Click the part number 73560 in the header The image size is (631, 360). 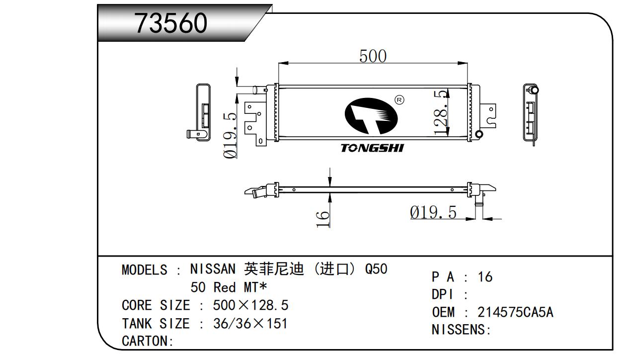click(171, 23)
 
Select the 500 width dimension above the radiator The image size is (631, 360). click(373, 56)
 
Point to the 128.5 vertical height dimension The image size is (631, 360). click(441, 112)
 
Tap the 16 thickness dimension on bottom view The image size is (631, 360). click(323, 218)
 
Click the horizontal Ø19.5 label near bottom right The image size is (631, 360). click(433, 212)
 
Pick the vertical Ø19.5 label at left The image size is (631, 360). click(230, 135)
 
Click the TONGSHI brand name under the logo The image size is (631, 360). click(372, 148)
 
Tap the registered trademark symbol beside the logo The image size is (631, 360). click(399, 100)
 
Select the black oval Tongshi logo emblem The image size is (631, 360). click(371, 116)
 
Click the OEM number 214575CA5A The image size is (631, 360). click(515, 312)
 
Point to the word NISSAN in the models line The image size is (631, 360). click(213, 270)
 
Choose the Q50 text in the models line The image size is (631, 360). click(376, 270)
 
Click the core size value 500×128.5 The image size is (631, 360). click(250, 305)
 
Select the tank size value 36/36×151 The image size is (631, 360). click(250, 324)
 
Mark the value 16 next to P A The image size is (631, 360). click(485, 277)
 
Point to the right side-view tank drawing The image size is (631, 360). click(531, 113)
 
